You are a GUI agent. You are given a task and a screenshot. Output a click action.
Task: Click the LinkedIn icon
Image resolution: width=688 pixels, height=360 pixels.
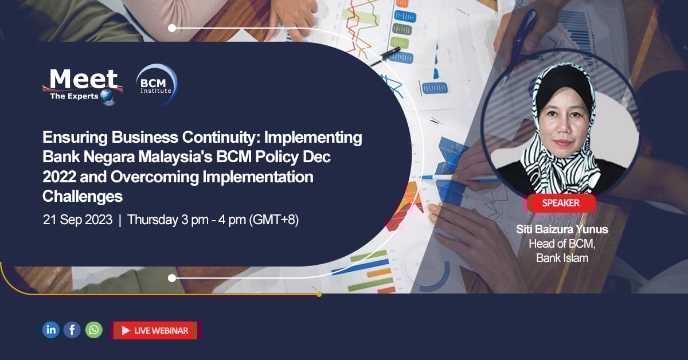51,330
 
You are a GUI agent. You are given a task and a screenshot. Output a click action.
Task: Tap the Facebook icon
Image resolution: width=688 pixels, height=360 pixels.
72,330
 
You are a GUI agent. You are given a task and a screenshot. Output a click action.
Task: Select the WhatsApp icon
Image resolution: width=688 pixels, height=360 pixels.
93,330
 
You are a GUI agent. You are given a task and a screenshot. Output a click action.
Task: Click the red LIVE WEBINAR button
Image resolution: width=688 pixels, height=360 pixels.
155,330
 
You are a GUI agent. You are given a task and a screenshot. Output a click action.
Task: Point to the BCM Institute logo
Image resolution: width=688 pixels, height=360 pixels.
156,85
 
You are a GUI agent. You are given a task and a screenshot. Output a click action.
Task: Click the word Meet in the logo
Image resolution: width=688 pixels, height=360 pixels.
83,79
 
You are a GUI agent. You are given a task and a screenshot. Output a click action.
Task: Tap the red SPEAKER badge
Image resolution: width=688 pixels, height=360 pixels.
561,203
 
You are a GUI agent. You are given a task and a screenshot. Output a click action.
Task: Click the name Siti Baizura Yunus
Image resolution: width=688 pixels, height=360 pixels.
561,229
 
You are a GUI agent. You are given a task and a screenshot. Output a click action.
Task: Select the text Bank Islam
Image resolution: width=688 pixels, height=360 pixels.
562,258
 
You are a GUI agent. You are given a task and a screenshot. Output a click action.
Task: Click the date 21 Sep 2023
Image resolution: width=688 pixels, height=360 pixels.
77,220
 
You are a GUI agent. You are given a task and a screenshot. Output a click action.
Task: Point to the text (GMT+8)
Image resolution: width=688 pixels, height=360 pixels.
273,220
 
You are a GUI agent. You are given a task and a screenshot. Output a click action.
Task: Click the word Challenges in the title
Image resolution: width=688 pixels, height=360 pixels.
83,197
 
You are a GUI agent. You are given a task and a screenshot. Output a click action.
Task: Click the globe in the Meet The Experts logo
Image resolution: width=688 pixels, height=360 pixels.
107,97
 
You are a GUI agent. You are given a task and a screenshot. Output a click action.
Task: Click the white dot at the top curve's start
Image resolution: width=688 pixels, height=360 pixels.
172,28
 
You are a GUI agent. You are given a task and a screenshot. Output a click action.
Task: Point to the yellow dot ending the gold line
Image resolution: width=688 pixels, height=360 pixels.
319,294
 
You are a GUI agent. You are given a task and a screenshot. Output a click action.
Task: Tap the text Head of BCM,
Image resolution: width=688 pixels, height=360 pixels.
561,244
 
